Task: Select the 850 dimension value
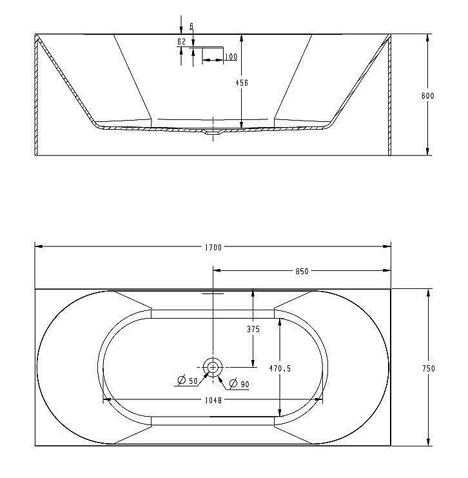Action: click(x=302, y=272)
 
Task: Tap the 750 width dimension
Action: click(x=428, y=368)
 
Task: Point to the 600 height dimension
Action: click(x=427, y=96)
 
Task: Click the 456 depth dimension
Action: click(x=242, y=83)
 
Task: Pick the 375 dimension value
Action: click(x=253, y=329)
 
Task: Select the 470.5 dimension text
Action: click(x=280, y=368)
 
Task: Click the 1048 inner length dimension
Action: click(x=213, y=400)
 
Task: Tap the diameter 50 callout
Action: click(x=189, y=381)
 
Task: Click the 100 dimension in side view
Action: click(x=231, y=57)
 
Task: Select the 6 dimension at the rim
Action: click(x=192, y=26)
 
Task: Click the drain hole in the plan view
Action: click(x=213, y=366)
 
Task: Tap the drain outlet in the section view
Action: click(x=210, y=134)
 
